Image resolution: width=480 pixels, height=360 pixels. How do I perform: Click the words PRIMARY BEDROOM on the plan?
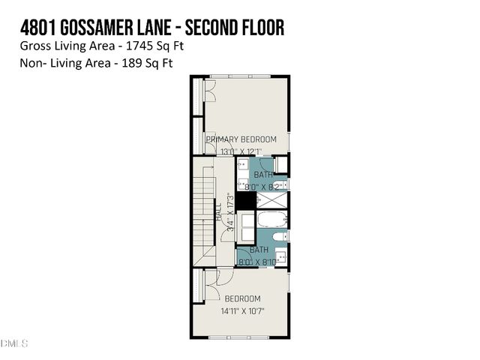click(241, 139)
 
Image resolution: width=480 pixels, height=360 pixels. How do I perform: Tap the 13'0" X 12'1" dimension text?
click(241, 151)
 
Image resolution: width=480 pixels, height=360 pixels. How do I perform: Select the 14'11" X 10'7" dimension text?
click(243, 310)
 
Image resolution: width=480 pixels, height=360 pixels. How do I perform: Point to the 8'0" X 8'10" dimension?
click(259, 262)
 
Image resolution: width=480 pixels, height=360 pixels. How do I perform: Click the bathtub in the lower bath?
click(271, 220)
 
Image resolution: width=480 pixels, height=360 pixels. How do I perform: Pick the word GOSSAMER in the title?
click(109, 28)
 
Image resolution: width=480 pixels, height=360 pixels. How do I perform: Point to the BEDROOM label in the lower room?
click(241, 298)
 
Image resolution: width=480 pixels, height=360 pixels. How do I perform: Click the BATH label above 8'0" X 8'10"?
click(259, 250)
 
